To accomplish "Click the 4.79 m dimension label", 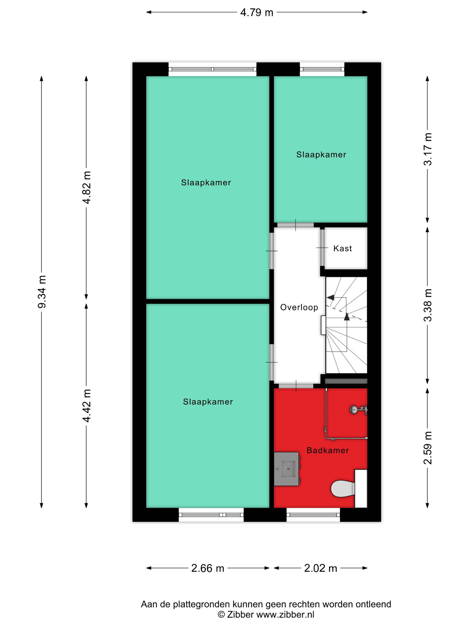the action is pos(256,12).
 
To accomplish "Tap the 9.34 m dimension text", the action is pos(42,292).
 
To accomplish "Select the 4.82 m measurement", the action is pos(87,187).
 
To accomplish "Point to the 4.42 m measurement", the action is pos(87,406).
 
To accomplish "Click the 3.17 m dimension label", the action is pos(427,149).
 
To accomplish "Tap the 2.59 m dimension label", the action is pos(427,448).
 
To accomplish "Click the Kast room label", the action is pos(342,249).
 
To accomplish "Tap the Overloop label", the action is pos(299,307).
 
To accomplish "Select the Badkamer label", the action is pos(328,450).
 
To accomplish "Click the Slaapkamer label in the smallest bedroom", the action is pos(321,154).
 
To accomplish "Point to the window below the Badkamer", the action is pos(313,515).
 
